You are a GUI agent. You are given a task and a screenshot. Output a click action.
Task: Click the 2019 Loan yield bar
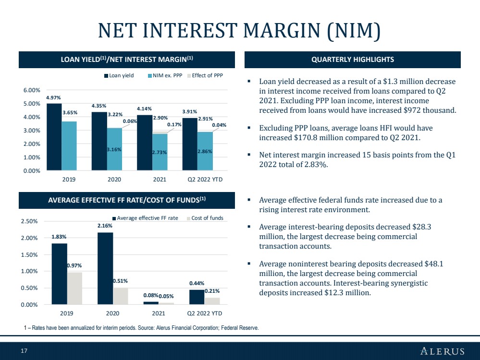coord(54,137)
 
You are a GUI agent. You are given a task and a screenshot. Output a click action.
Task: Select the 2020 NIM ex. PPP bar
coord(114,149)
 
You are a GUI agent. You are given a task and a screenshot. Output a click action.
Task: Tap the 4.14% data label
coord(144,108)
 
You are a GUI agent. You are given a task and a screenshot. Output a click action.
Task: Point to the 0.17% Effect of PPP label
coord(174,124)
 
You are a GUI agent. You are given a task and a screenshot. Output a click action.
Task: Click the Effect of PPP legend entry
coord(205,75)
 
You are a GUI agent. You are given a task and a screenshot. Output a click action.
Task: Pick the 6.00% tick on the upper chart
coord(32,90)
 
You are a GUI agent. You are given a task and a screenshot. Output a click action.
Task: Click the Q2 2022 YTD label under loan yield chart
coord(205,180)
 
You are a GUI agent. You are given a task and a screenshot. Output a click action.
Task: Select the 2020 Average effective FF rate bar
coord(105,268)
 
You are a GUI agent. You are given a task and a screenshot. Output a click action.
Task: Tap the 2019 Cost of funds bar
coord(74,288)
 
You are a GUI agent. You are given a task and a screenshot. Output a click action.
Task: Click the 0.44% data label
coord(197,283)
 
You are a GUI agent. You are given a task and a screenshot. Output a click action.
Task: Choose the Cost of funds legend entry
coord(205,218)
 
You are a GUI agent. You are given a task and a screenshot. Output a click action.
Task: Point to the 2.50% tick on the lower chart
coord(29,221)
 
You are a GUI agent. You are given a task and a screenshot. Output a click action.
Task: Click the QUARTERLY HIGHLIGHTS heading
coord(353,60)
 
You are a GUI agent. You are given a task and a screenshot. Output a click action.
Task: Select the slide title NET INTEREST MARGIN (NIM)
coord(239,31)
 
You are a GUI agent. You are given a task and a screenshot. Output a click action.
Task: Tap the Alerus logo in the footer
coord(443,351)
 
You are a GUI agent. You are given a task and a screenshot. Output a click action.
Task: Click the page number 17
coord(24,351)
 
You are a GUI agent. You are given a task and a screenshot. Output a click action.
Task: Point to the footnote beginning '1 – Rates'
coord(141,328)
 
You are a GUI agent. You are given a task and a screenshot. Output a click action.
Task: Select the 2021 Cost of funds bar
coord(166,303)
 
